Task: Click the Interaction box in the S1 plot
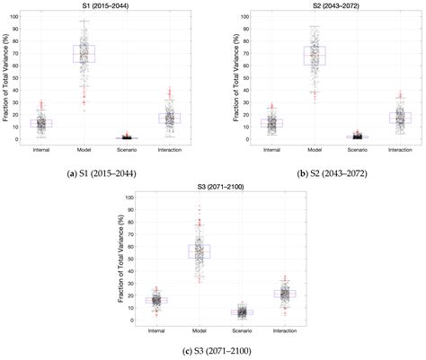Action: click(169, 118)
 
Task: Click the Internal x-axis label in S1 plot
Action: click(41, 149)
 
